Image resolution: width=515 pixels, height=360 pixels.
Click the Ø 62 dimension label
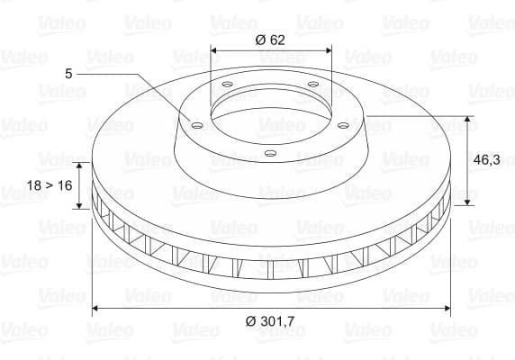pyautogui.click(x=271, y=39)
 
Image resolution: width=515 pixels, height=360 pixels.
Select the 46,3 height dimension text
pyautogui.click(x=487, y=159)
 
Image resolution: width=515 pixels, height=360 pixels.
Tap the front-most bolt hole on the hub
pyautogui.click(x=268, y=152)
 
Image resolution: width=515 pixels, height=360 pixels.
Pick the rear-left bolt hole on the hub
pyautogui.click(x=225, y=86)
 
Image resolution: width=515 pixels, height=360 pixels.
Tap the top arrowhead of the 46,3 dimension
pyautogui.click(x=468, y=120)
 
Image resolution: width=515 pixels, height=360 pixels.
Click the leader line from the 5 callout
pyautogui.click(x=144, y=81)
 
